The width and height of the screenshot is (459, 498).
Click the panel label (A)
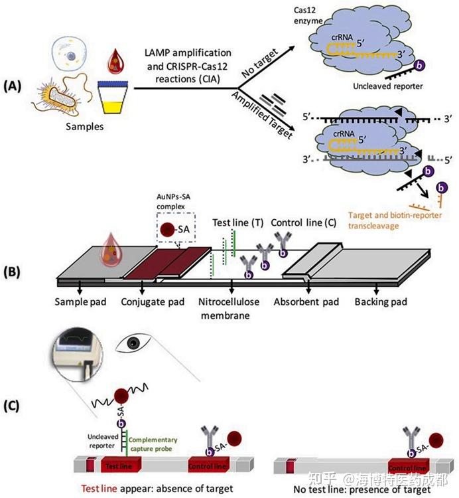(15, 87)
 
